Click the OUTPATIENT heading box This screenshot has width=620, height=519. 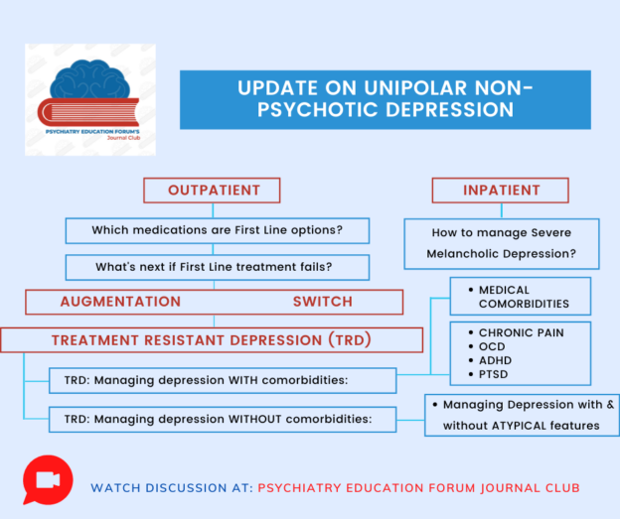(212, 191)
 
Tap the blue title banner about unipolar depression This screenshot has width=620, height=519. (385, 99)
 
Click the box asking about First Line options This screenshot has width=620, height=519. (217, 230)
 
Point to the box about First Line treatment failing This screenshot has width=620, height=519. (217, 267)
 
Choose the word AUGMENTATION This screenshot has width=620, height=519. (120, 302)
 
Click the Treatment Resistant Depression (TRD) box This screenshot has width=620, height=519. (211, 340)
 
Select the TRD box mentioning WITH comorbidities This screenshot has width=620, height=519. (223, 380)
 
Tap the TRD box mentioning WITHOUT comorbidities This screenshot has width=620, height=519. (223, 419)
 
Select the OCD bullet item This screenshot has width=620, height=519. (493, 346)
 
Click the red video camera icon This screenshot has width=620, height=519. (48, 480)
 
